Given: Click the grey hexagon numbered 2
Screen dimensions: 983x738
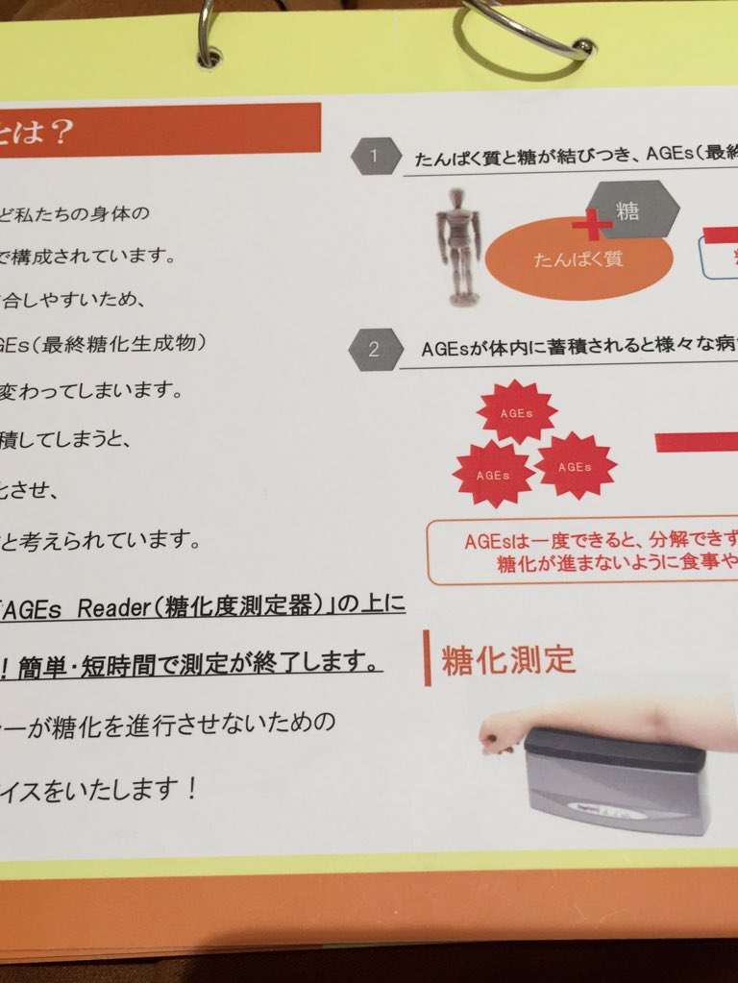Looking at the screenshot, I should [x=373, y=349].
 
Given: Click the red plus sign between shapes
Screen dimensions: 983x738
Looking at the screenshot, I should [x=592, y=226].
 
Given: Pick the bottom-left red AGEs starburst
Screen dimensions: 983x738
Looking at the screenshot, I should [x=493, y=474].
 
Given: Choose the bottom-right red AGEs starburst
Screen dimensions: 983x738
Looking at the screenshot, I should [x=575, y=466].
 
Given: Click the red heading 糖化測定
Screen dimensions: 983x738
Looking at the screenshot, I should [x=508, y=661].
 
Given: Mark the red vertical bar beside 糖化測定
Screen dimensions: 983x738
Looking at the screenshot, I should [x=428, y=660].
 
